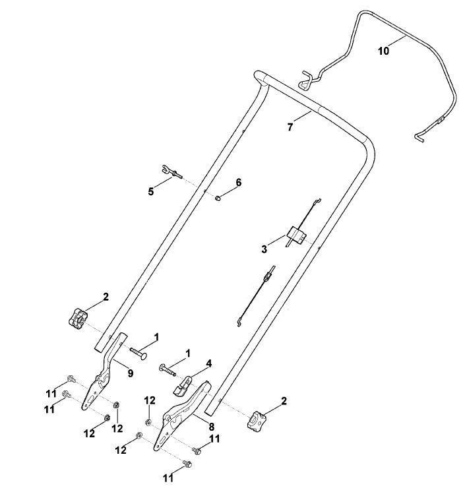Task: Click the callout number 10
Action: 383,51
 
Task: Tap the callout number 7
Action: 290,127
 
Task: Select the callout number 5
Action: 151,191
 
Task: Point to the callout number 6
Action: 238,182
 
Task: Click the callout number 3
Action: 264,249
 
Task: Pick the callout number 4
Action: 208,364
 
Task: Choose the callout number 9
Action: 131,373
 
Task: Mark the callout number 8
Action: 211,427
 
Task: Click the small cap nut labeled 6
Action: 218,199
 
